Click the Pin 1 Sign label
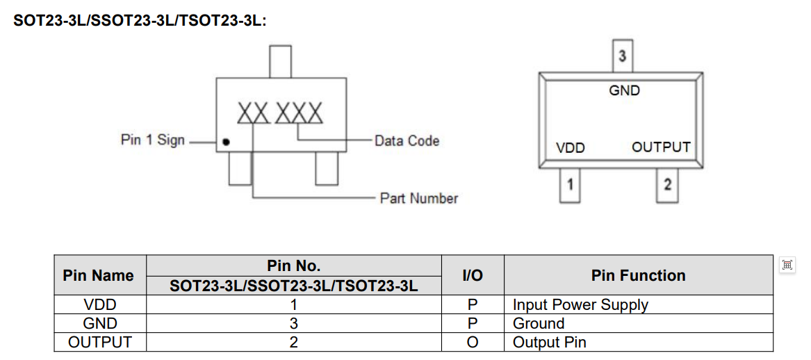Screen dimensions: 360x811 (x=153, y=140)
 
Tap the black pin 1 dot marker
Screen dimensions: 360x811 (x=227, y=143)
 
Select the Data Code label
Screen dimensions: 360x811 (x=407, y=140)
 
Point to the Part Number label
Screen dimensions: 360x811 (x=418, y=198)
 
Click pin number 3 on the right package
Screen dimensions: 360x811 (x=622, y=56)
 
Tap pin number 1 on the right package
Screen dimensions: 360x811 (x=570, y=185)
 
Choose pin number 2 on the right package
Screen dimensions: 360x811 (x=667, y=185)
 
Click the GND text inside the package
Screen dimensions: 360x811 (x=624, y=90)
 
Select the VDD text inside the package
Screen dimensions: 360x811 (x=571, y=148)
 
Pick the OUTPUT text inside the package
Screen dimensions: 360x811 (x=661, y=147)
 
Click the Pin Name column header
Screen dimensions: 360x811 (x=98, y=275)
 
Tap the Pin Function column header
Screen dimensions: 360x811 (x=638, y=275)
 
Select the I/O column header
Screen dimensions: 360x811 (x=472, y=275)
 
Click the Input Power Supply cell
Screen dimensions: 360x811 (x=580, y=304)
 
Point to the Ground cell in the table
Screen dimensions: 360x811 (x=539, y=323)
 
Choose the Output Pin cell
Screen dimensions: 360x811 (x=549, y=342)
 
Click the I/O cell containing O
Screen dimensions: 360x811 (x=472, y=342)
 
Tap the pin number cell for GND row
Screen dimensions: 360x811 (x=293, y=323)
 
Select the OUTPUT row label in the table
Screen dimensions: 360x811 (x=99, y=342)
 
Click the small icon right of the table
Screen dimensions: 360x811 (x=787, y=264)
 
